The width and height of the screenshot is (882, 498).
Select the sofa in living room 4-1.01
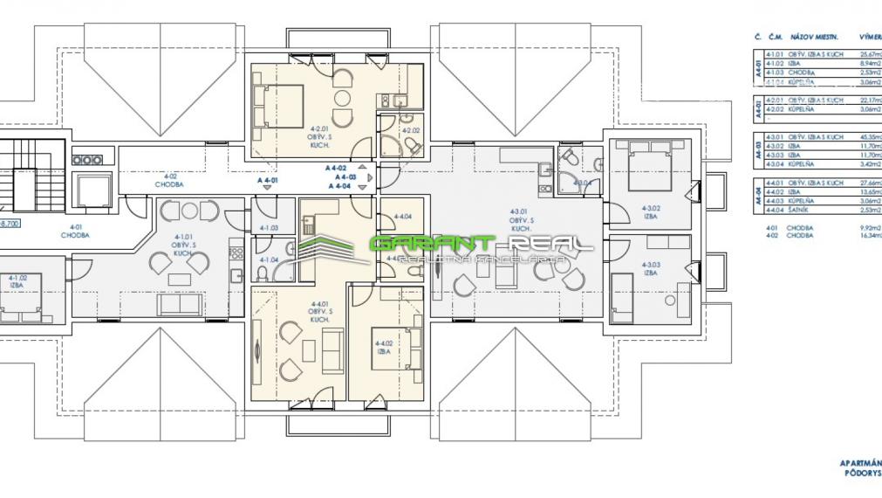178,303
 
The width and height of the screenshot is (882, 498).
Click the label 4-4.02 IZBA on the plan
382,346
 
